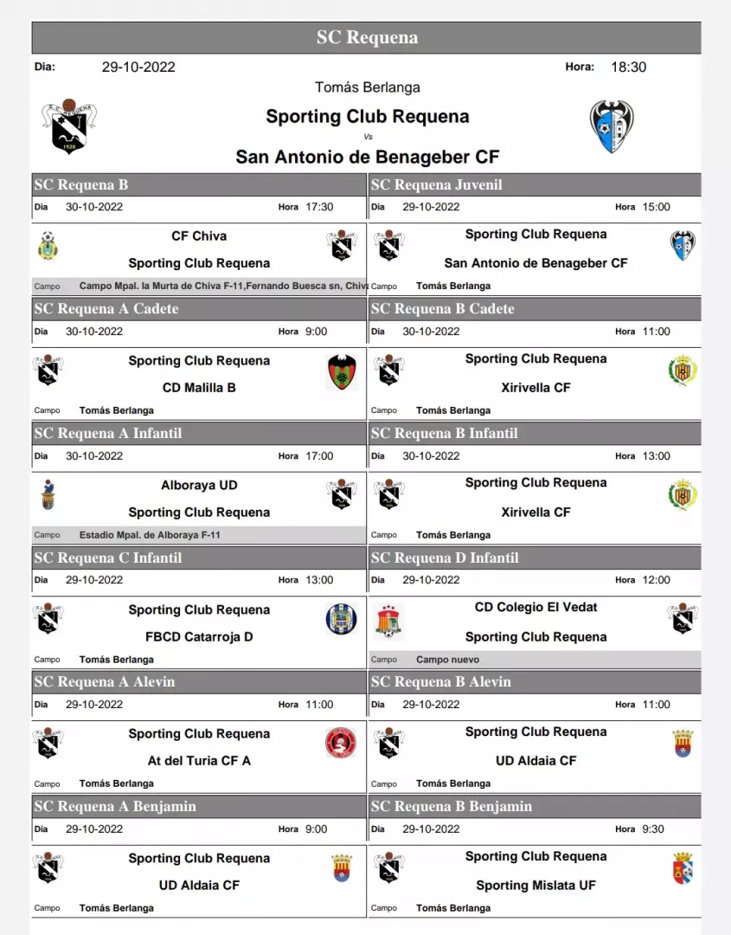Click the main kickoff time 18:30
pyautogui.click(x=628, y=67)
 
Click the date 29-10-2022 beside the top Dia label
pyautogui.click(x=138, y=67)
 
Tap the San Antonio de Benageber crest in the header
pyautogui.click(x=612, y=127)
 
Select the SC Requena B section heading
pyautogui.click(x=81, y=184)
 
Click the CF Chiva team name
pyautogui.click(x=199, y=235)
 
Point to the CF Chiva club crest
pyautogui.click(x=48, y=246)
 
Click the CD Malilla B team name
pyautogui.click(x=199, y=388)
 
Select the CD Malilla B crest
pyautogui.click(x=343, y=373)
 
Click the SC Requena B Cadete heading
pyautogui.click(x=443, y=309)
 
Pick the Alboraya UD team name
pyautogui.click(x=199, y=485)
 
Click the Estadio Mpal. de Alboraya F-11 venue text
pyautogui.click(x=150, y=535)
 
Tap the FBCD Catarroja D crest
pyautogui.click(x=342, y=619)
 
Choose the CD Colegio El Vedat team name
pyautogui.click(x=535, y=607)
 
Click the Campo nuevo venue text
pyautogui.click(x=448, y=660)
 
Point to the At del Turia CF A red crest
pyautogui.click(x=341, y=743)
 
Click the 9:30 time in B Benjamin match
pyautogui.click(x=653, y=829)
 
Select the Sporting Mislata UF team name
pyautogui.click(x=535, y=885)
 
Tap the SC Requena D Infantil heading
pyautogui.click(x=445, y=558)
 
